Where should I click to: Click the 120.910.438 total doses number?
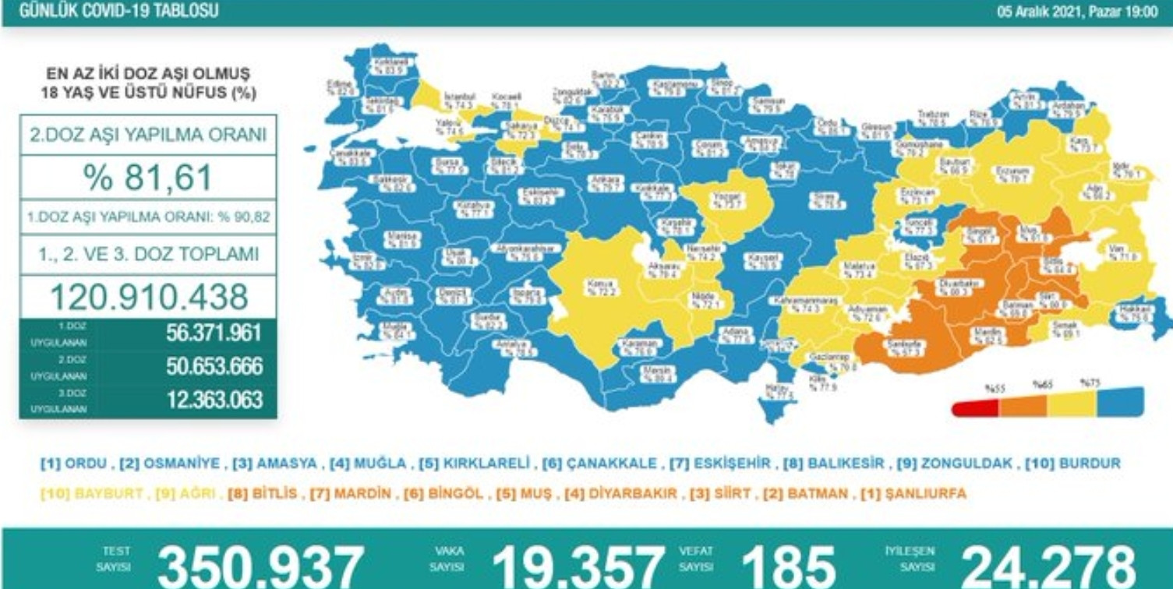coord(148,297)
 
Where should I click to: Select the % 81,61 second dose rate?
coord(148,178)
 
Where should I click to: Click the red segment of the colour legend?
coord(975,408)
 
